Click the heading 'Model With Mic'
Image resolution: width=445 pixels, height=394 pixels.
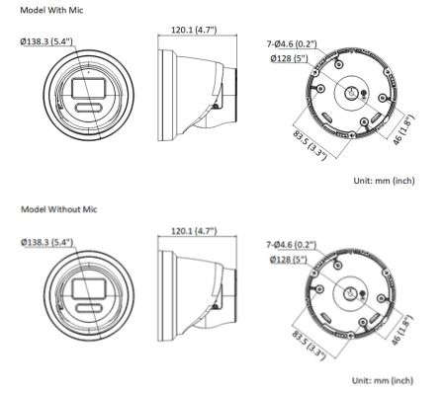click(47, 11)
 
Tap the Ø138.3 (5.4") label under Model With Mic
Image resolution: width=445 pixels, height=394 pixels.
click(46, 41)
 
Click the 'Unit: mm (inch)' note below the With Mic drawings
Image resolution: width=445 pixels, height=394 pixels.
click(384, 182)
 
